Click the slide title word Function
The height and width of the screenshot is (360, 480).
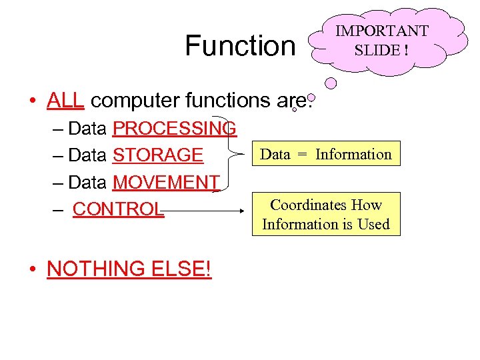pyautogui.click(x=240, y=46)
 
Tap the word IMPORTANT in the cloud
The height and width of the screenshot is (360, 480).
pyautogui.click(x=381, y=31)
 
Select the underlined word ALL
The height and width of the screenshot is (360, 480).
pyautogui.click(x=65, y=100)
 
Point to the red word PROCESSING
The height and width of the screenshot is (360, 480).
pyautogui.click(x=175, y=127)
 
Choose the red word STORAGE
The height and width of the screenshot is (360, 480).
pyautogui.click(x=158, y=155)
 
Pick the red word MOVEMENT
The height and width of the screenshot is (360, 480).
pyautogui.click(x=167, y=182)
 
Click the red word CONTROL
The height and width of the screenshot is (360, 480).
pyautogui.click(x=118, y=209)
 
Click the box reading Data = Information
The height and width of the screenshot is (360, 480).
pyautogui.click(x=326, y=154)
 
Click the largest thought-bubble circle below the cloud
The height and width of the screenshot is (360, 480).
pyautogui.click(x=331, y=84)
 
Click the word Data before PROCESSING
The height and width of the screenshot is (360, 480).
pyautogui.click(x=87, y=127)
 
